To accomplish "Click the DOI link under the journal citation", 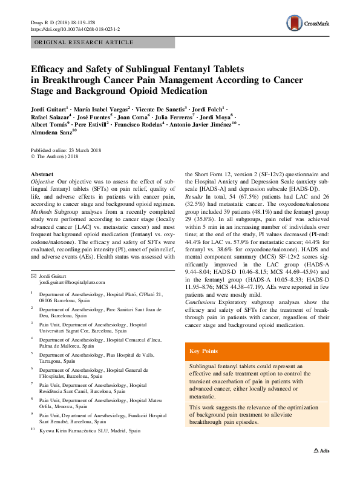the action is [x=75, y=28].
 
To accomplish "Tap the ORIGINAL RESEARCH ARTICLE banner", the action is [x=85, y=42].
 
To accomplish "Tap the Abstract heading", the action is [x=42, y=174].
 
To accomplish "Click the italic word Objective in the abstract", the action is [x=42, y=182].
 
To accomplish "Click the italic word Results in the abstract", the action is [x=194, y=197].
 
